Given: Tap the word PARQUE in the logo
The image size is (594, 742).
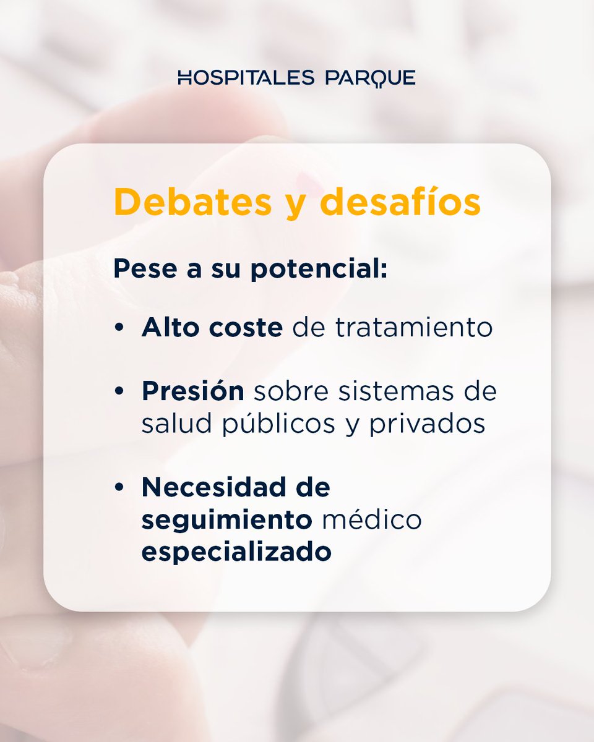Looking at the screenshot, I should coord(370,79).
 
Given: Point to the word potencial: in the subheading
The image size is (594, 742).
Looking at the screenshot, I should coord(319,270).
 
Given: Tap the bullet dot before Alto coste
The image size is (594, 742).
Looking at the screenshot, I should coord(119,328).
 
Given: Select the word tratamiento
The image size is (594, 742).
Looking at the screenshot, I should coord(414,328).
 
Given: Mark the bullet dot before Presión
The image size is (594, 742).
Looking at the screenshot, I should coord(119,393).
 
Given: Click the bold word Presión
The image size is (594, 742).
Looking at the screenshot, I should coord(193,392).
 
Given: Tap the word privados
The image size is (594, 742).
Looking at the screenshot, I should coord(428,425).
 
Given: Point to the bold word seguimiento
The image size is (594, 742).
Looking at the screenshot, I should coord(226,520).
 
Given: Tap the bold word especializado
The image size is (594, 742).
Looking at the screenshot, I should coord(236,552).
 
